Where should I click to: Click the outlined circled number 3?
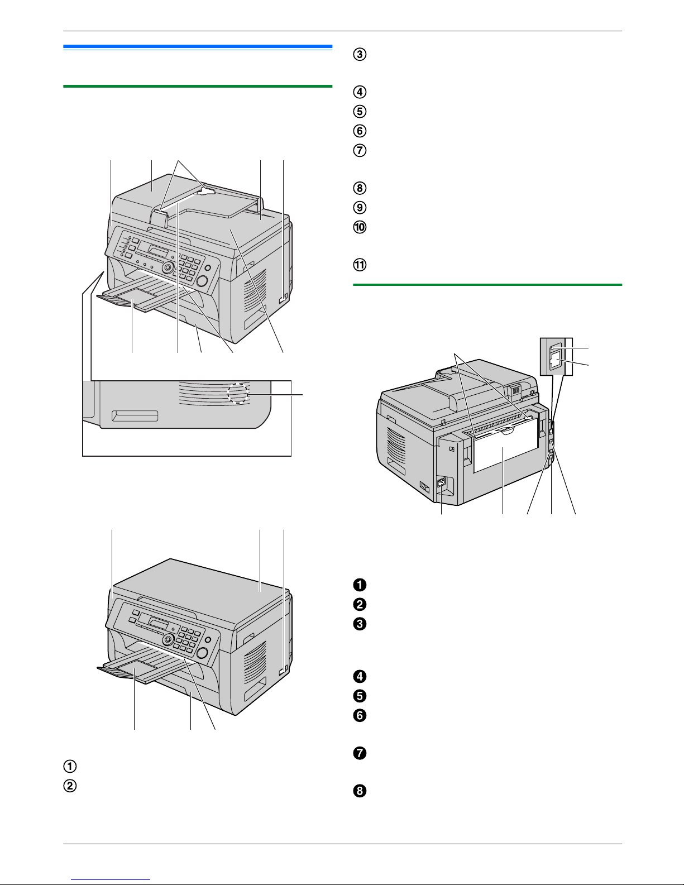[x=360, y=54]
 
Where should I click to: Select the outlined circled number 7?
[x=360, y=150]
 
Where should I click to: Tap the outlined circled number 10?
[x=360, y=227]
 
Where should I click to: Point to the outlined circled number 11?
[x=360, y=265]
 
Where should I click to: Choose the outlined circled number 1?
[x=70, y=766]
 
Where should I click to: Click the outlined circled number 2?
[x=70, y=786]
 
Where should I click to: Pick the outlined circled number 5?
[x=360, y=111]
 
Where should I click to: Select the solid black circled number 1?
[x=360, y=585]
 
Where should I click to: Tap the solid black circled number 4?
[x=360, y=677]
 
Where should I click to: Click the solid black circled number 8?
[x=360, y=791]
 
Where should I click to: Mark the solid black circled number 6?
[x=360, y=715]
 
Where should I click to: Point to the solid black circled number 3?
[x=360, y=624]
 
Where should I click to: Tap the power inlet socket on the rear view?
[x=441, y=484]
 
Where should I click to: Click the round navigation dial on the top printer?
[x=168, y=267]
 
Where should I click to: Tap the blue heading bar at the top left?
[x=198, y=47]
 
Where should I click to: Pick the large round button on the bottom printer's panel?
[x=202, y=653]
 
